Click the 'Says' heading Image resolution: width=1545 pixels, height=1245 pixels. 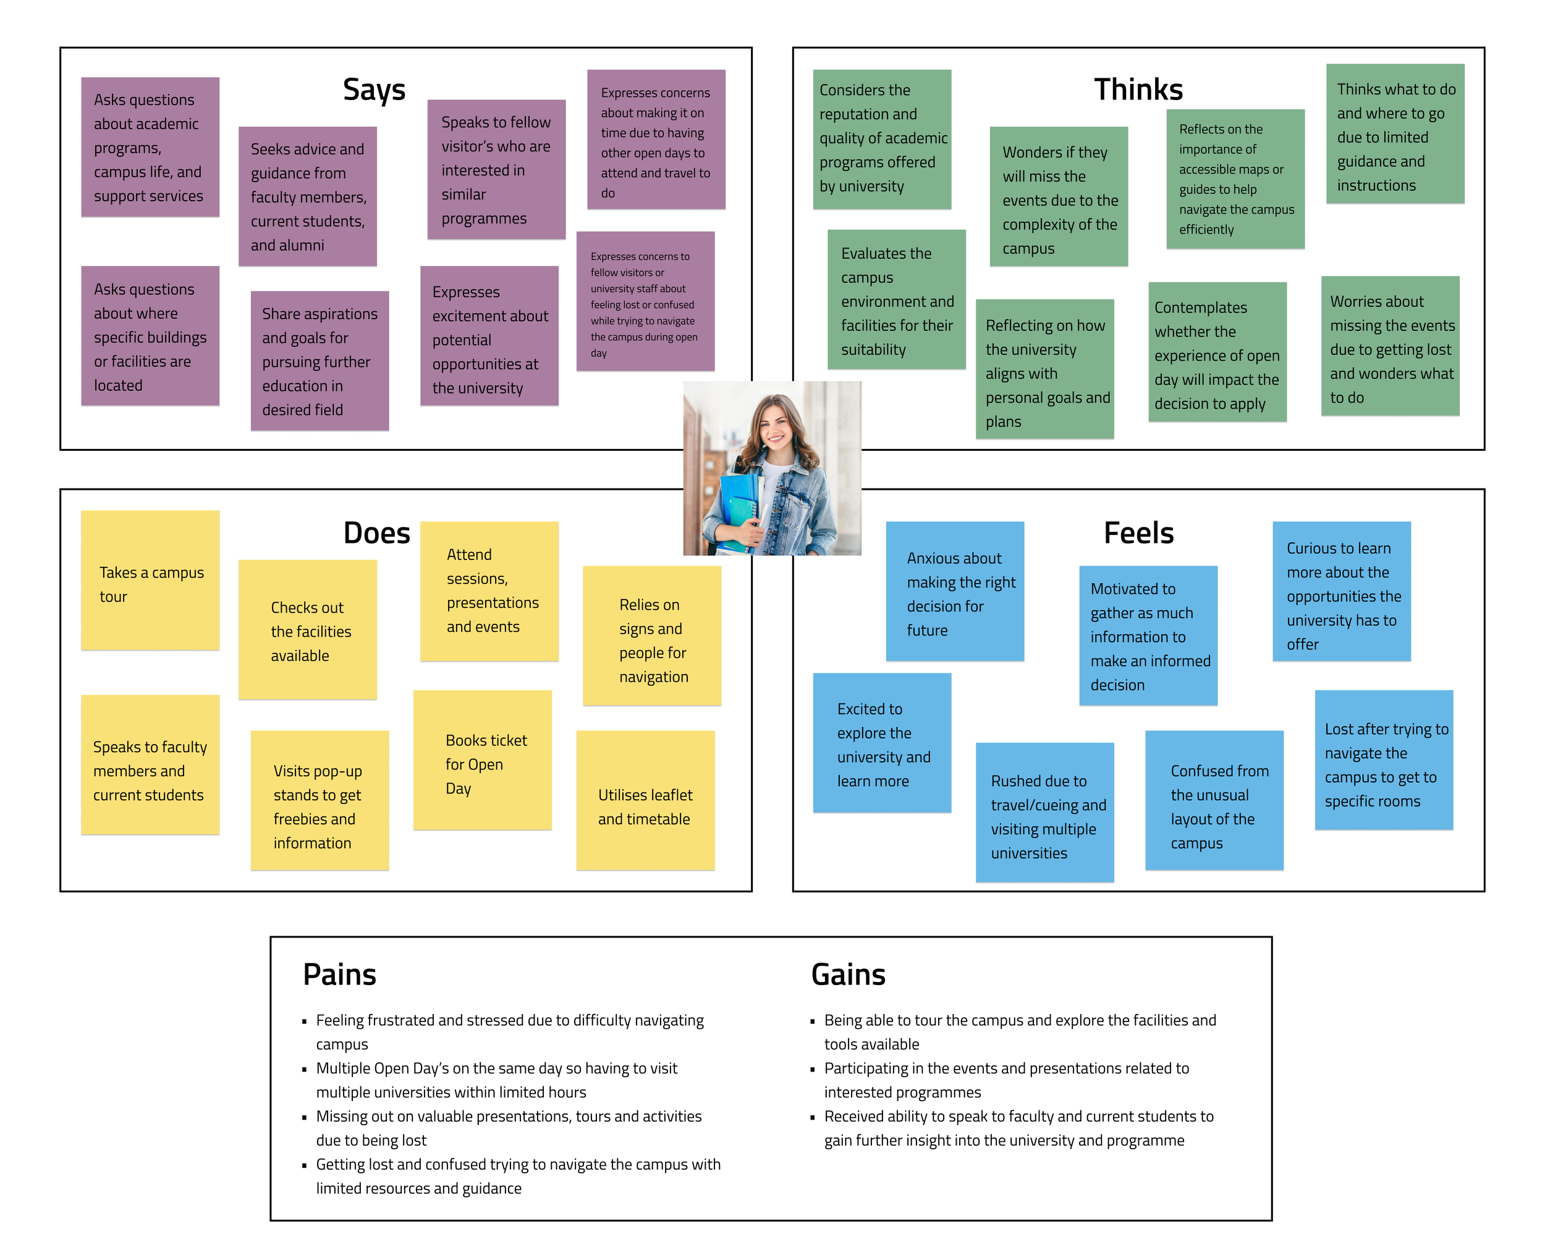pos(374,90)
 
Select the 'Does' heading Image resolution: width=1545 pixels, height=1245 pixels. pos(377,534)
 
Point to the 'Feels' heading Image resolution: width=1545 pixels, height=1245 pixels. pos(1138,534)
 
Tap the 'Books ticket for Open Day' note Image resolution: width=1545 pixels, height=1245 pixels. pos(482,760)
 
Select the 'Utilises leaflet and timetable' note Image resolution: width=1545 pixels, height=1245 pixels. pos(645,800)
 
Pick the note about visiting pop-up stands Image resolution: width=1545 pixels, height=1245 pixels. pos(320,800)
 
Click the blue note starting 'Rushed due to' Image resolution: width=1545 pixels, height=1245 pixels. pos(1044,813)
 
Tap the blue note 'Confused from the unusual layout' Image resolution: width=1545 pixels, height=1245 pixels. pos(1214,800)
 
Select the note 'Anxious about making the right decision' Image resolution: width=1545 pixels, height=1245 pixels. pos(954,591)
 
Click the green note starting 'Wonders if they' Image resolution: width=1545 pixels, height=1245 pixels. pos(1059,196)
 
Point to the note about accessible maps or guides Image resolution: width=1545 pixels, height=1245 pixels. pos(1235,179)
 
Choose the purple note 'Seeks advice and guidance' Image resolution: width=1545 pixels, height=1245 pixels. pos(307,196)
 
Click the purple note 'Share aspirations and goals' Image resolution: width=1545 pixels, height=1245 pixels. pos(320,361)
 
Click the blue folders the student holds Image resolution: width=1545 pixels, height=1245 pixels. pos(739,509)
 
